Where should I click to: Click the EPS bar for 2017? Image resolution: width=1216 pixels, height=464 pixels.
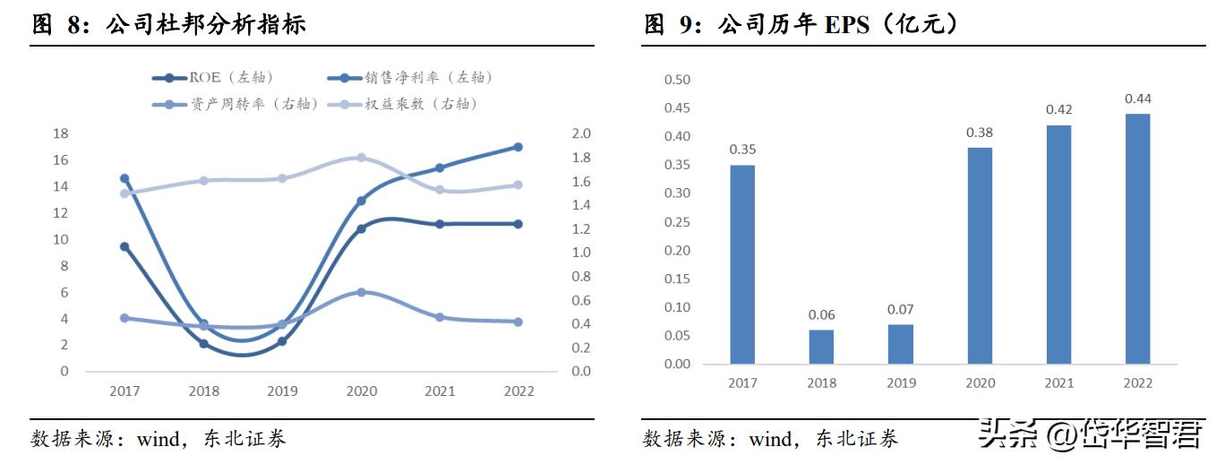742,264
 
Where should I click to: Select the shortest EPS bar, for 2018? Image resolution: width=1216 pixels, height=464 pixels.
821,347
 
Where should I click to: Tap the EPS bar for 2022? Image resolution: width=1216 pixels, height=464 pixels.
1137,238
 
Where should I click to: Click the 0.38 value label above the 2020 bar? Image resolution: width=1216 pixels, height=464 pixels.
979,132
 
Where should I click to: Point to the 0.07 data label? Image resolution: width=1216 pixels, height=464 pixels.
900,309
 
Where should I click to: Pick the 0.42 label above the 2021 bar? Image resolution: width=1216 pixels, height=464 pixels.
1058,109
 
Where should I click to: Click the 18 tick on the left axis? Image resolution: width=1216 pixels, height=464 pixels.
61,134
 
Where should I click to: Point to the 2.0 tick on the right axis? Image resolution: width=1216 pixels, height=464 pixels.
582,134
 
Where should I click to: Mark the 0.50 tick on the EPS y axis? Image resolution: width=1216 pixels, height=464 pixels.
677,80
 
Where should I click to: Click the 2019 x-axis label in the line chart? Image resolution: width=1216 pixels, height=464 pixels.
282,391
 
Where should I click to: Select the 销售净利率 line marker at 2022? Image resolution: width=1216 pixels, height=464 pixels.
518,147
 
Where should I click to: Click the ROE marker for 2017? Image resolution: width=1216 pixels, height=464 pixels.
124,246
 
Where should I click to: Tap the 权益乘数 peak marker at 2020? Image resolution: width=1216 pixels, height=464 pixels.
361,158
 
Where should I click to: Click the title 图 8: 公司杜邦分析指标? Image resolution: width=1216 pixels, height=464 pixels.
170,24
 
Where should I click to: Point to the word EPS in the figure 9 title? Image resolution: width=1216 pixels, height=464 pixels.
847,24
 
